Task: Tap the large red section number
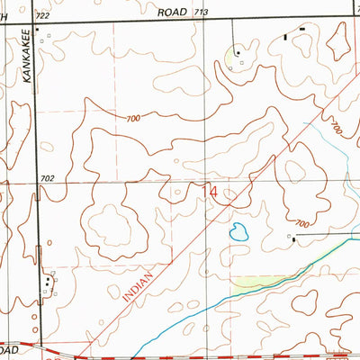(213, 192)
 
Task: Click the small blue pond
(238, 232)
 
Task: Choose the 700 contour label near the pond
(301, 222)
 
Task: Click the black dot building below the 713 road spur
(238, 53)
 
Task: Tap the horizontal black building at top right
(301, 29)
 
